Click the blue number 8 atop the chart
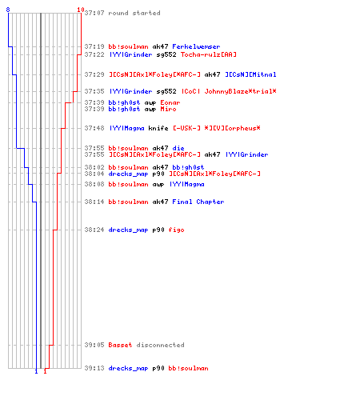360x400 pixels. pyautogui.click(x=8, y=10)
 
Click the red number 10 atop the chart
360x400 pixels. pyautogui.click(x=81, y=10)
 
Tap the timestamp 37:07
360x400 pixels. pyautogui.click(x=94, y=13)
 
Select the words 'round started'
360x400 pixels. pyautogui.click(x=134, y=13)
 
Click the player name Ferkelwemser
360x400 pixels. pyautogui.click(x=196, y=46)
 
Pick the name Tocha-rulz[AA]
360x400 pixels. pyautogui.click(x=209, y=54)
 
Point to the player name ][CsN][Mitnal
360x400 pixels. pyautogui.click(x=250, y=74)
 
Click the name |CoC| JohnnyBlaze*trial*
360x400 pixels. pyautogui.click(x=229, y=91)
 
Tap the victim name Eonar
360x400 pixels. pyautogui.click(x=170, y=102)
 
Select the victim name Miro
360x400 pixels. pyautogui.click(x=168, y=109)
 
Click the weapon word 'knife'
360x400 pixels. pyautogui.click(x=158, y=128)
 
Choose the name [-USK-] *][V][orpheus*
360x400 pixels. pyautogui.click(x=217, y=128)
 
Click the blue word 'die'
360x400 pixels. pyautogui.click(x=178, y=148)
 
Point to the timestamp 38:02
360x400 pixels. pyautogui.click(x=94, y=167)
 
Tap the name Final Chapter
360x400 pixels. pyautogui.click(x=198, y=202)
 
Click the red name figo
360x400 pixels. pyautogui.click(x=176, y=230)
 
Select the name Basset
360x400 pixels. pyautogui.click(x=120, y=345)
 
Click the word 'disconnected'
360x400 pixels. pyautogui.click(x=160, y=345)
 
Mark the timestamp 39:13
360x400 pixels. pyautogui.click(x=94, y=368)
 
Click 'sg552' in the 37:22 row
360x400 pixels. pyautogui.click(x=166, y=54)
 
